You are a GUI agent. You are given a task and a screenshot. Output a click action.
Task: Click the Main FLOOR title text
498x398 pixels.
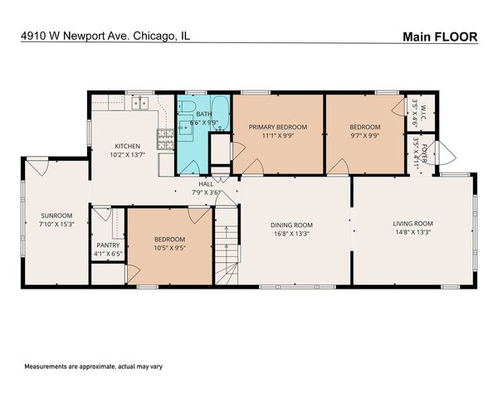[x=439, y=36]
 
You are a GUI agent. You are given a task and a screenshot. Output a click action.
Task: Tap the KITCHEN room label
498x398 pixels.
[x=127, y=145]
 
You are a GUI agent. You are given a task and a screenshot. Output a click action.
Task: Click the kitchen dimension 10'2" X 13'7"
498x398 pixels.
[x=127, y=154]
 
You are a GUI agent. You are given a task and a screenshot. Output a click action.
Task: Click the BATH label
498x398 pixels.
[x=203, y=114]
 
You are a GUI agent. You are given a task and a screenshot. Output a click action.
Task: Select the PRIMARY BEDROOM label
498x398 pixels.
[x=278, y=127]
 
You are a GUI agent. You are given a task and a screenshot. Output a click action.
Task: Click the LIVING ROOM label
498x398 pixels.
[x=413, y=223]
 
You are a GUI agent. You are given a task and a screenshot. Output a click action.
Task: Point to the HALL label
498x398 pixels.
[x=205, y=183]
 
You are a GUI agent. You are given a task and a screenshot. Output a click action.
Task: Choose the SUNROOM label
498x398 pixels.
[x=57, y=216]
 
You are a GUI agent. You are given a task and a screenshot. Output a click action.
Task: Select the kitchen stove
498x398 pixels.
[x=165, y=137]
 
